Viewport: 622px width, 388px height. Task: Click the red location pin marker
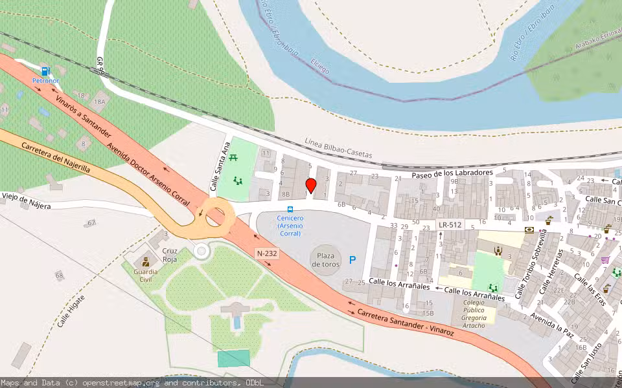coord(311,186)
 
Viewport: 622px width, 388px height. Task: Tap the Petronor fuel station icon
coord(45,71)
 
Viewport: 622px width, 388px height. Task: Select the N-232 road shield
coord(267,253)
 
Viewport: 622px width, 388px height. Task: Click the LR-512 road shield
coord(450,225)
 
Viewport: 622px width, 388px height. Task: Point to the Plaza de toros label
coord(325,260)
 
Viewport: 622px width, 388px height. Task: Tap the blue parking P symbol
coord(353,260)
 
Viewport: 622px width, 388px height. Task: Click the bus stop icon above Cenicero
coord(290,209)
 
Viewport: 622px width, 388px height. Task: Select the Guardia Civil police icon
coord(146,262)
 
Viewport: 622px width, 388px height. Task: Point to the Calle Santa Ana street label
coord(220,166)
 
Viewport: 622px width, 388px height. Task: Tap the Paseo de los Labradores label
coord(452,173)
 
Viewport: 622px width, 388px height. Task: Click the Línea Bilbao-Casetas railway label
coord(338,148)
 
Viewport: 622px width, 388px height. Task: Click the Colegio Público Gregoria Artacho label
coord(474,313)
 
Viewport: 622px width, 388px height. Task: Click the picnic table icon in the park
coord(233,157)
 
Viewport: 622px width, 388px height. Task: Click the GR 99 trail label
coord(101,65)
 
